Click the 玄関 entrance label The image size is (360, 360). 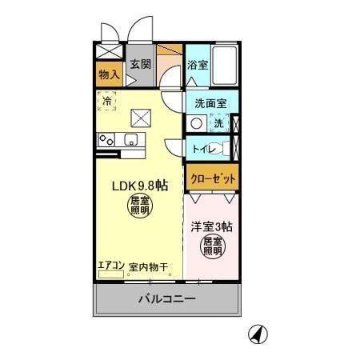click(x=140, y=65)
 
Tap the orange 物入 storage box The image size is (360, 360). click(x=109, y=75)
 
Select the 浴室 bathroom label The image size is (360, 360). click(x=198, y=65)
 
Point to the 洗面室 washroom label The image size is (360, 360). click(x=211, y=103)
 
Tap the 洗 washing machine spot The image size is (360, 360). click(x=218, y=123)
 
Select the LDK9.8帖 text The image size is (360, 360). click(x=138, y=186)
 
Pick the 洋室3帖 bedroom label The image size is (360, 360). click(x=211, y=226)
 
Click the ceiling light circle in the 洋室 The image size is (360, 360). click(x=212, y=246)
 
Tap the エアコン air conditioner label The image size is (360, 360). click(x=110, y=266)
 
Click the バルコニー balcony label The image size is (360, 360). click(x=166, y=299)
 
